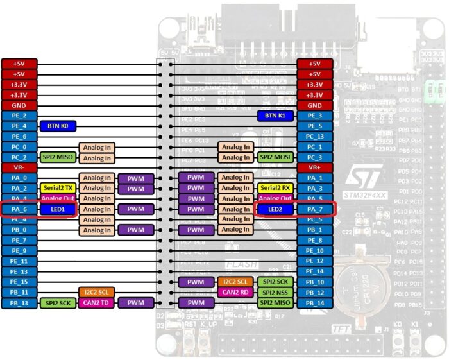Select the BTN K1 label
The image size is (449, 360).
coord(276,116)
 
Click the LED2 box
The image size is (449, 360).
coord(276,209)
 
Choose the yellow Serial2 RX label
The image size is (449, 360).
coord(276,188)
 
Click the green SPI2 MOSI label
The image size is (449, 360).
coord(276,157)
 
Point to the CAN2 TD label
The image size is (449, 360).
coord(97,302)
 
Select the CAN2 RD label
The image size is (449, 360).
coord(235,292)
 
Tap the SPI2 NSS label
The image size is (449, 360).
coord(276,292)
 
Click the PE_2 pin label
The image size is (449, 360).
coord(19,116)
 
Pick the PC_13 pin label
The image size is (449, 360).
coord(314,136)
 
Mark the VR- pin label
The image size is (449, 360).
coord(19,167)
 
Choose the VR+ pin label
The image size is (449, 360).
coord(314,167)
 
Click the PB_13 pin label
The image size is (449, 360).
coord(19,302)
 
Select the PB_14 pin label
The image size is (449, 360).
coord(314,302)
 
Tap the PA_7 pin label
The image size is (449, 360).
coord(314,209)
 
